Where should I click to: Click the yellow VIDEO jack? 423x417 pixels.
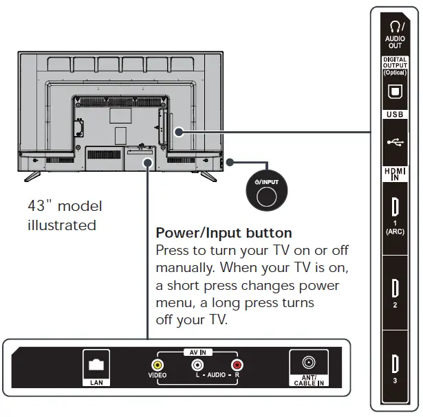[x=158, y=365]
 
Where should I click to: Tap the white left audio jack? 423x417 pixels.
[x=197, y=365]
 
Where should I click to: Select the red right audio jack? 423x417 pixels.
[x=237, y=365]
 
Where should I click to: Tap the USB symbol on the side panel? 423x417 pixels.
[x=395, y=142]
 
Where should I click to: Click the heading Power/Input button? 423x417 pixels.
[x=224, y=233]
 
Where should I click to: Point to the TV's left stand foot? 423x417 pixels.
[x=32, y=175]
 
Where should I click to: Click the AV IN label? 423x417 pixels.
[x=197, y=351]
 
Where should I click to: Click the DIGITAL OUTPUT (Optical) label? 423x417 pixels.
[x=395, y=66]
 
